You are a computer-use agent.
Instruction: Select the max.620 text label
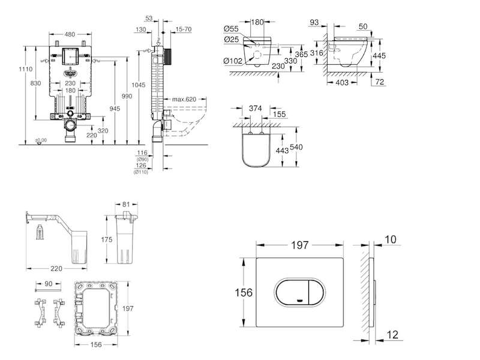183,99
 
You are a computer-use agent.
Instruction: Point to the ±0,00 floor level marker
40,139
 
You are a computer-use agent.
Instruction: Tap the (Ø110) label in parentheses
142,172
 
